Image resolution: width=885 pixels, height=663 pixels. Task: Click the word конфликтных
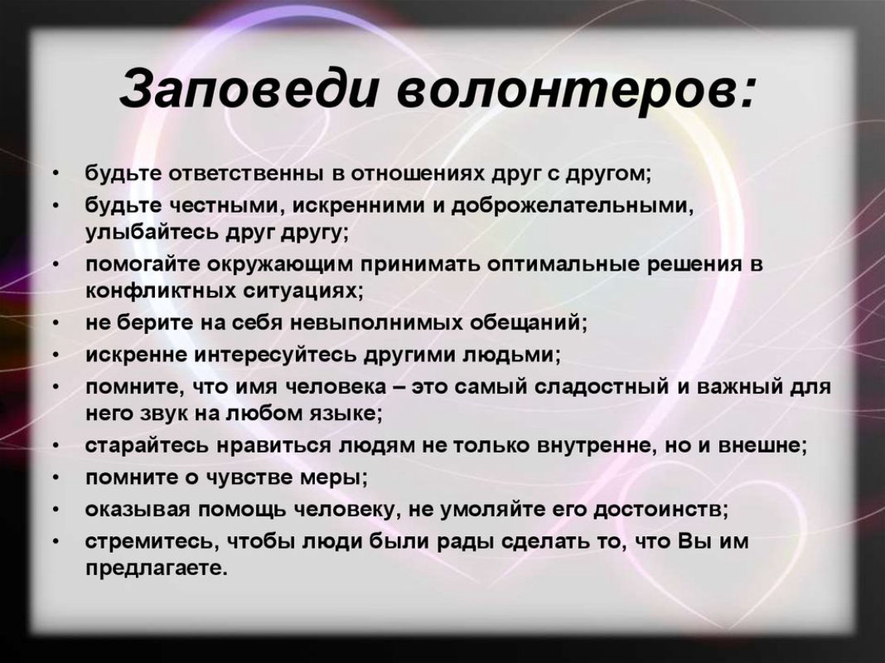[x=161, y=291]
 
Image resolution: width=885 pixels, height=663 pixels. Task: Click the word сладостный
[x=599, y=387]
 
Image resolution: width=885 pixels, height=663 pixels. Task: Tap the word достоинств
[x=658, y=510]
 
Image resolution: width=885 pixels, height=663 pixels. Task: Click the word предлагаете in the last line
[x=156, y=568]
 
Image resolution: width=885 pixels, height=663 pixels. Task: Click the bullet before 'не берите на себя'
[x=55, y=324]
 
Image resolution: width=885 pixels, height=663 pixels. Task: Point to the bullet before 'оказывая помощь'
[x=55, y=511]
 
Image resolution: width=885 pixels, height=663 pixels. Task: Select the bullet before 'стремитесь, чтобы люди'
[x=55, y=542]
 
